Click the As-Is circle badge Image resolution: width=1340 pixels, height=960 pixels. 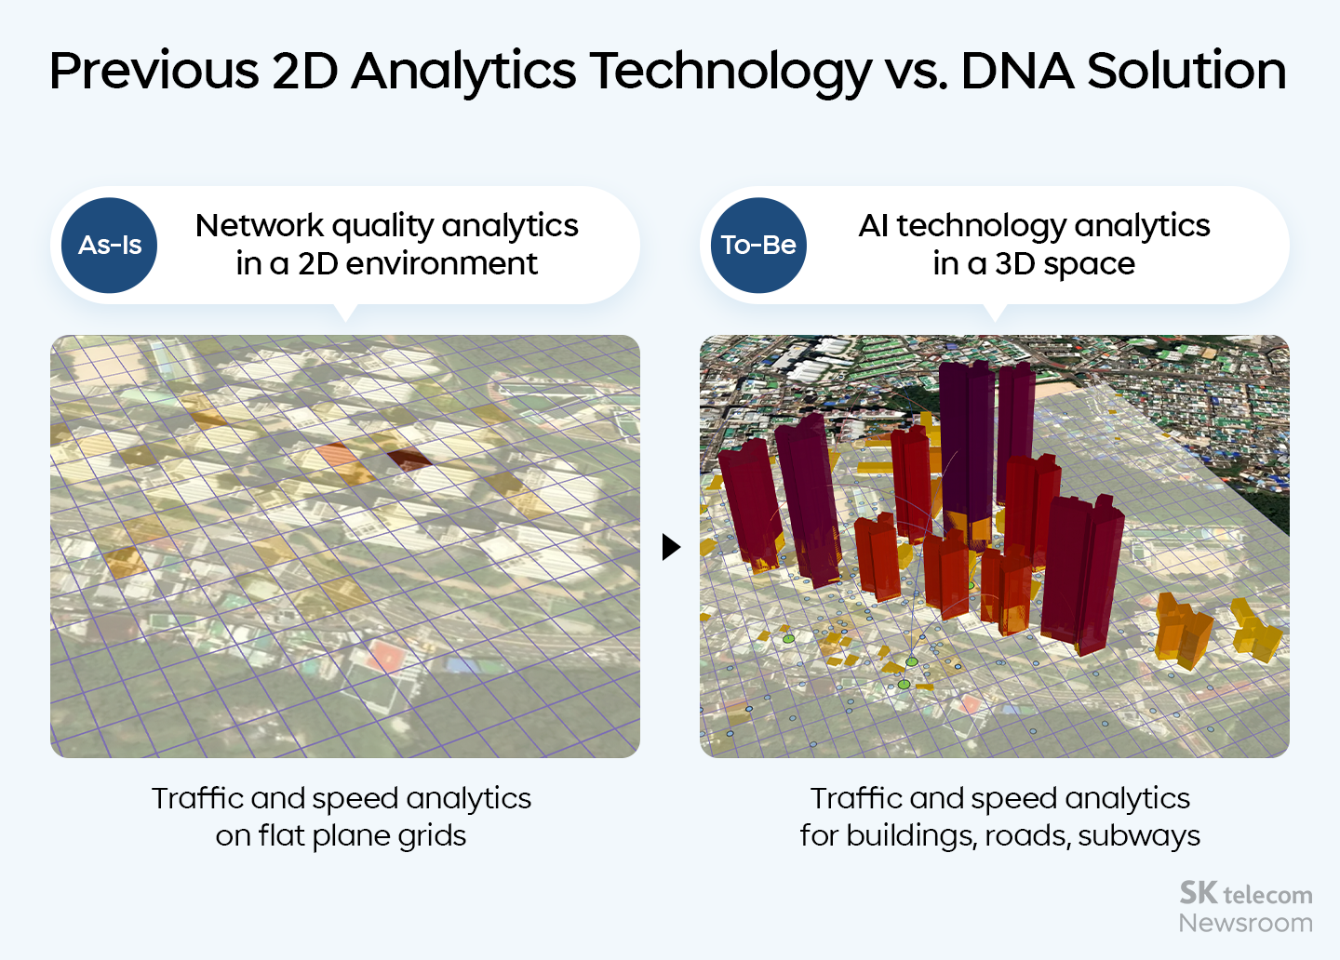pyautogui.click(x=110, y=246)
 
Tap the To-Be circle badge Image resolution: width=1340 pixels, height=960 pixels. pyautogui.click(x=758, y=246)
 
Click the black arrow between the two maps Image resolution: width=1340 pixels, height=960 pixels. pyautogui.click(x=671, y=547)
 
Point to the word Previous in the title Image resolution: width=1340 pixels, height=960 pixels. pyautogui.click(x=154, y=72)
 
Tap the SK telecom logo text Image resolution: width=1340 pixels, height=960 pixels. pyautogui.click(x=1246, y=894)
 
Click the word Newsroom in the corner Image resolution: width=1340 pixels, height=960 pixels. pyautogui.click(x=1246, y=923)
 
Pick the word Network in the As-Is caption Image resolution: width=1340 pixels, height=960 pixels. pyautogui.click(x=260, y=225)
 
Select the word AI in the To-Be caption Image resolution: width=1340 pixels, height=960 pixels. pyautogui.click(x=873, y=225)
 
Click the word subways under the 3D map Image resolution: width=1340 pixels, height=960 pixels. pyautogui.click(x=1139, y=835)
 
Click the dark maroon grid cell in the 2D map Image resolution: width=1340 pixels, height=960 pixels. pyautogui.click(x=409, y=460)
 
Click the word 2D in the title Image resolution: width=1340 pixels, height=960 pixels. pyautogui.click(x=304, y=72)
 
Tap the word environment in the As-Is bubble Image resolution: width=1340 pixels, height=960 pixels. pyautogui.click(x=441, y=264)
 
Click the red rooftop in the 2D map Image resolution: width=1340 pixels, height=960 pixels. pyautogui.click(x=384, y=656)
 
